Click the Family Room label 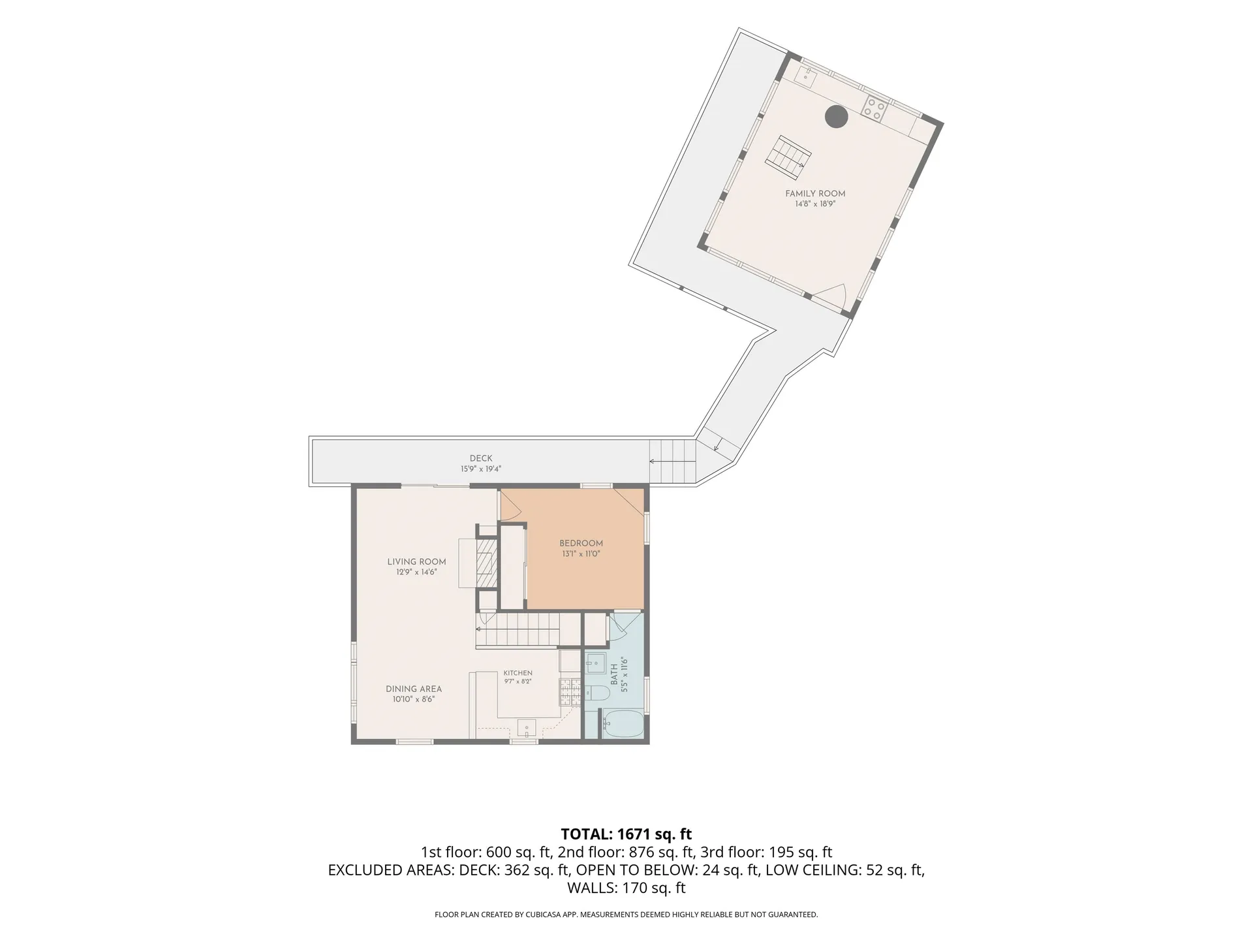[815, 193]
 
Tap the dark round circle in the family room [836, 117]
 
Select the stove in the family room [874, 109]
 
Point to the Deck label [481, 458]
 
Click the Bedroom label [581, 543]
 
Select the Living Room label [416, 561]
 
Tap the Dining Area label [414, 689]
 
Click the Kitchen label [518, 673]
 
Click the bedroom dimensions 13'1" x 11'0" [581, 554]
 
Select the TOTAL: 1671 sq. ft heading [626, 834]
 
